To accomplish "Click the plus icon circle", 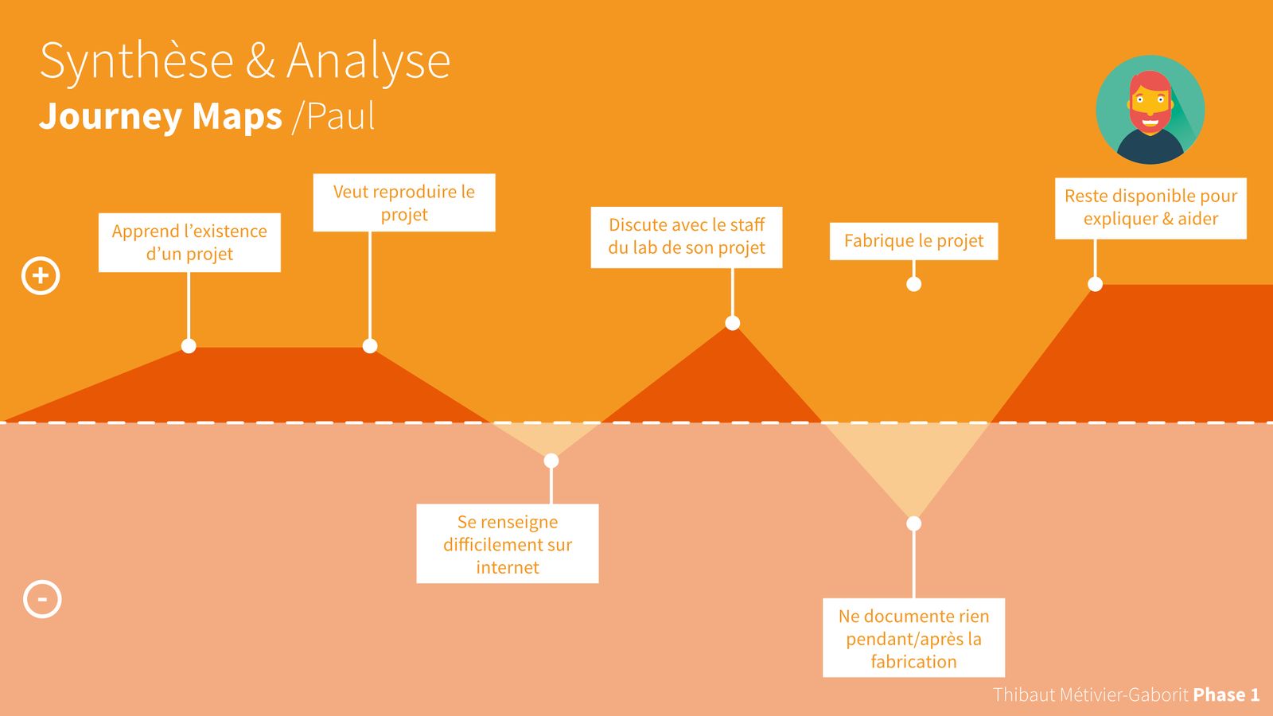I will [41, 276].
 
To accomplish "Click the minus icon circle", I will [42, 599].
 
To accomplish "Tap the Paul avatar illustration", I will [1150, 110].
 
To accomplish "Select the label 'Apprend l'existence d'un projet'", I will [189, 243].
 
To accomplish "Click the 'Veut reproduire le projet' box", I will [404, 203].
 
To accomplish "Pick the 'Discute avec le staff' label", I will [687, 237].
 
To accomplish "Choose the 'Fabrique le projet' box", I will [913, 241].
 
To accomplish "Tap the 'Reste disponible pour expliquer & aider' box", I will [1150, 208].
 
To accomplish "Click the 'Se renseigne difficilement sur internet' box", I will [508, 544].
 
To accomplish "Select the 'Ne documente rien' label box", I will [913, 638].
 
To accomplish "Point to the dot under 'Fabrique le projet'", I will [914, 284].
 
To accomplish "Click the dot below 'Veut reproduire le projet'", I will [370, 346].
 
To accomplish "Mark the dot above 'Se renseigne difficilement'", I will [551, 461].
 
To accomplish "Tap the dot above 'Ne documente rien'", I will [914, 523].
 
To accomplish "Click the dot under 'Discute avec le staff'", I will [733, 323].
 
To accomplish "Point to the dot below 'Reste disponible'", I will [1096, 284].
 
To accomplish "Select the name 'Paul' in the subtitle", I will [341, 117].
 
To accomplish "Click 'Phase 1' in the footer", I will [1226, 695].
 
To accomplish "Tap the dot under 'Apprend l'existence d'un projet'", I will [189, 346].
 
